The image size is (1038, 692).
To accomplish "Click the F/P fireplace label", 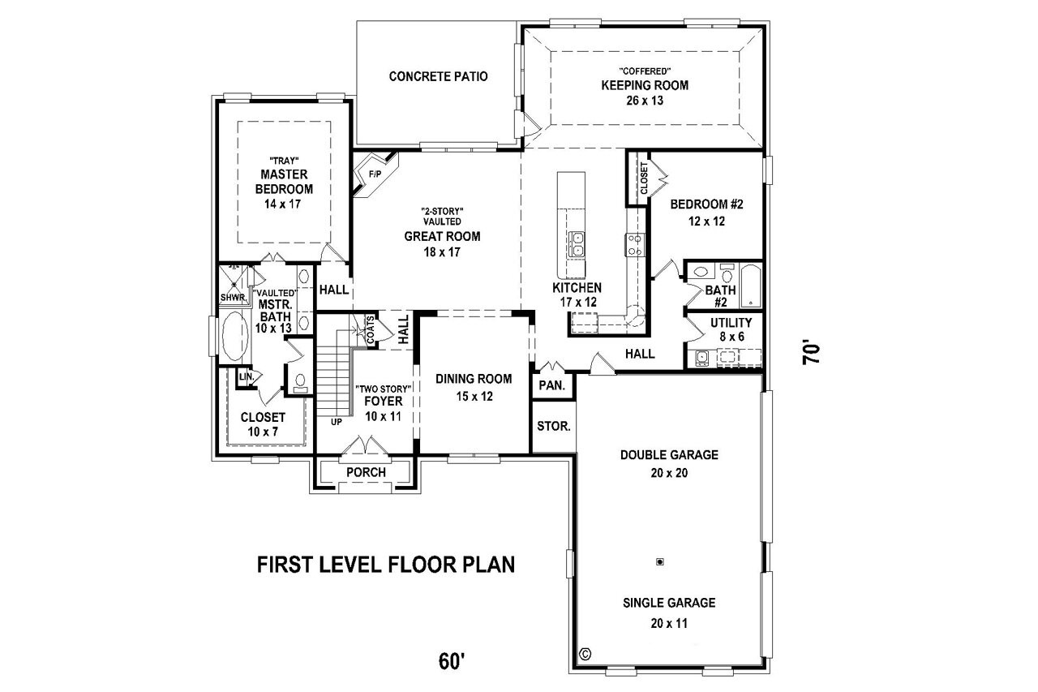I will tap(375, 174).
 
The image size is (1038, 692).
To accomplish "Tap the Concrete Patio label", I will tap(439, 76).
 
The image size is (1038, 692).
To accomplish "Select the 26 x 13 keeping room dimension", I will tap(644, 101).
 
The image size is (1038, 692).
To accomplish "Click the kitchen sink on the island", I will tap(577, 243).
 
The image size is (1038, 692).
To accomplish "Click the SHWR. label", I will tap(233, 298).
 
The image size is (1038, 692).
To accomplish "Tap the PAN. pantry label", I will tap(552, 386).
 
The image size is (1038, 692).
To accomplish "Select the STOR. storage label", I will tap(554, 426).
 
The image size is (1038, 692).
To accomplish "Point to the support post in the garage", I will tap(661, 561).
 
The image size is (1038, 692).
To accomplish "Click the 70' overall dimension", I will tap(813, 355).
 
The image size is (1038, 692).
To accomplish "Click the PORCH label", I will tap(366, 472).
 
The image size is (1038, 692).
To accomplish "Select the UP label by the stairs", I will tap(336, 422).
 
